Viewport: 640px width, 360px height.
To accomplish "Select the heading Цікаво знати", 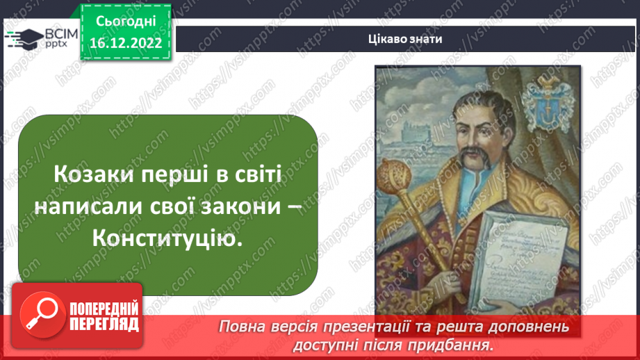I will (406, 39).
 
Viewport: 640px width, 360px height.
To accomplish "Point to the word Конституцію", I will (170, 240).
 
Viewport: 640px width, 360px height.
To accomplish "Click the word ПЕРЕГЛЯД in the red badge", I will (104, 324).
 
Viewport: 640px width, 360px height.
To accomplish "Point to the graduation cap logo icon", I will (24, 38).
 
